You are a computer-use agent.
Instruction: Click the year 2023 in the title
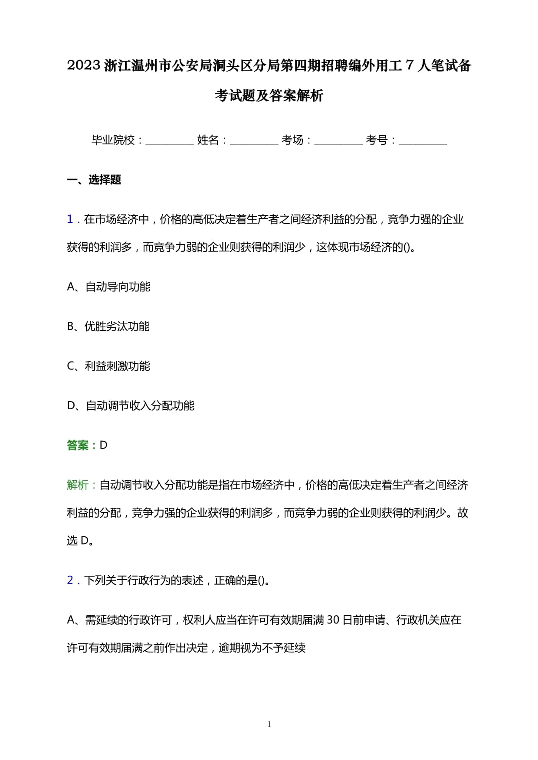(x=84, y=66)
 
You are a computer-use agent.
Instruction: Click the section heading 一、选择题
(x=94, y=180)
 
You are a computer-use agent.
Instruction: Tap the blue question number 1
(x=70, y=219)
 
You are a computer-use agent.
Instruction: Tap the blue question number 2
(x=70, y=580)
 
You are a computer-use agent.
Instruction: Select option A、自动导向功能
(x=108, y=287)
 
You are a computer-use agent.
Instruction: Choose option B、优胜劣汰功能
(x=108, y=326)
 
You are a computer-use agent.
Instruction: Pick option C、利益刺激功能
(x=108, y=366)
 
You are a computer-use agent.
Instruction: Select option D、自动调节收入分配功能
(x=131, y=406)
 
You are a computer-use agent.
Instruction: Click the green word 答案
(x=78, y=445)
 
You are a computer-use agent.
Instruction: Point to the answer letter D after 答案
(x=103, y=445)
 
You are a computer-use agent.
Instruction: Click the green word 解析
(x=78, y=485)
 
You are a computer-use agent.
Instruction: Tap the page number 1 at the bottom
(x=269, y=724)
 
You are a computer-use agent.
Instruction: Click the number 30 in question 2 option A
(x=333, y=620)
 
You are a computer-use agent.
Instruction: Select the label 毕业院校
(x=113, y=140)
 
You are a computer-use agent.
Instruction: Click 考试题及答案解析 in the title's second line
(x=269, y=95)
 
